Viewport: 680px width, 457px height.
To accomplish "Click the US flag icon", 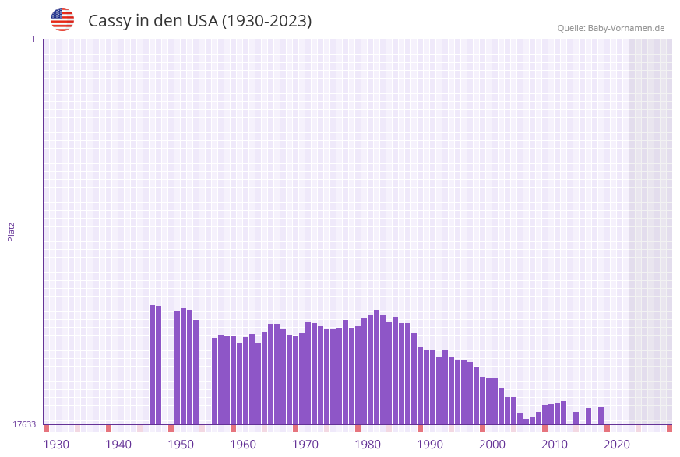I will (62, 19).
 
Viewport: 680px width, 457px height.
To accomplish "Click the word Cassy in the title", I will (109, 21).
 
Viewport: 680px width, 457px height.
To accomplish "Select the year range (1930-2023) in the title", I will (267, 21).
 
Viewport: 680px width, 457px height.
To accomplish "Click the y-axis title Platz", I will (12, 231).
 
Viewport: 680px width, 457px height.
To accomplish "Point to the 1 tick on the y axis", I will (33, 39).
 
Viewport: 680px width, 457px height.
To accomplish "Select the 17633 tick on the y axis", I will (24, 424).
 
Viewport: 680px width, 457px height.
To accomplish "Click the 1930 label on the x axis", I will (56, 445).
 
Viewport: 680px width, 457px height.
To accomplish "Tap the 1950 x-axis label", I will (181, 445).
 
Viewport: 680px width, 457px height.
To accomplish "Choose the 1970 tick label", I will (305, 445).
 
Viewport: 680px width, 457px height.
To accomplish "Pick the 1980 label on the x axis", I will (368, 445).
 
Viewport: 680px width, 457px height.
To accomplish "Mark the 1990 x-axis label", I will (430, 445).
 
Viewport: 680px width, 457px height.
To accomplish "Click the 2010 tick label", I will (555, 445).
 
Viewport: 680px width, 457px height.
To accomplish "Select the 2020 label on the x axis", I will (617, 445).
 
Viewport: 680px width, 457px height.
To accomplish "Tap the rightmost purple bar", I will (601, 416).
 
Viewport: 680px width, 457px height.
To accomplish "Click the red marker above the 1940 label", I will (108, 428).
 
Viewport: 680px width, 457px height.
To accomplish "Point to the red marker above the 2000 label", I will (482, 428).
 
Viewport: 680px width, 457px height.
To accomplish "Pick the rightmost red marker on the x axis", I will (669, 428).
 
